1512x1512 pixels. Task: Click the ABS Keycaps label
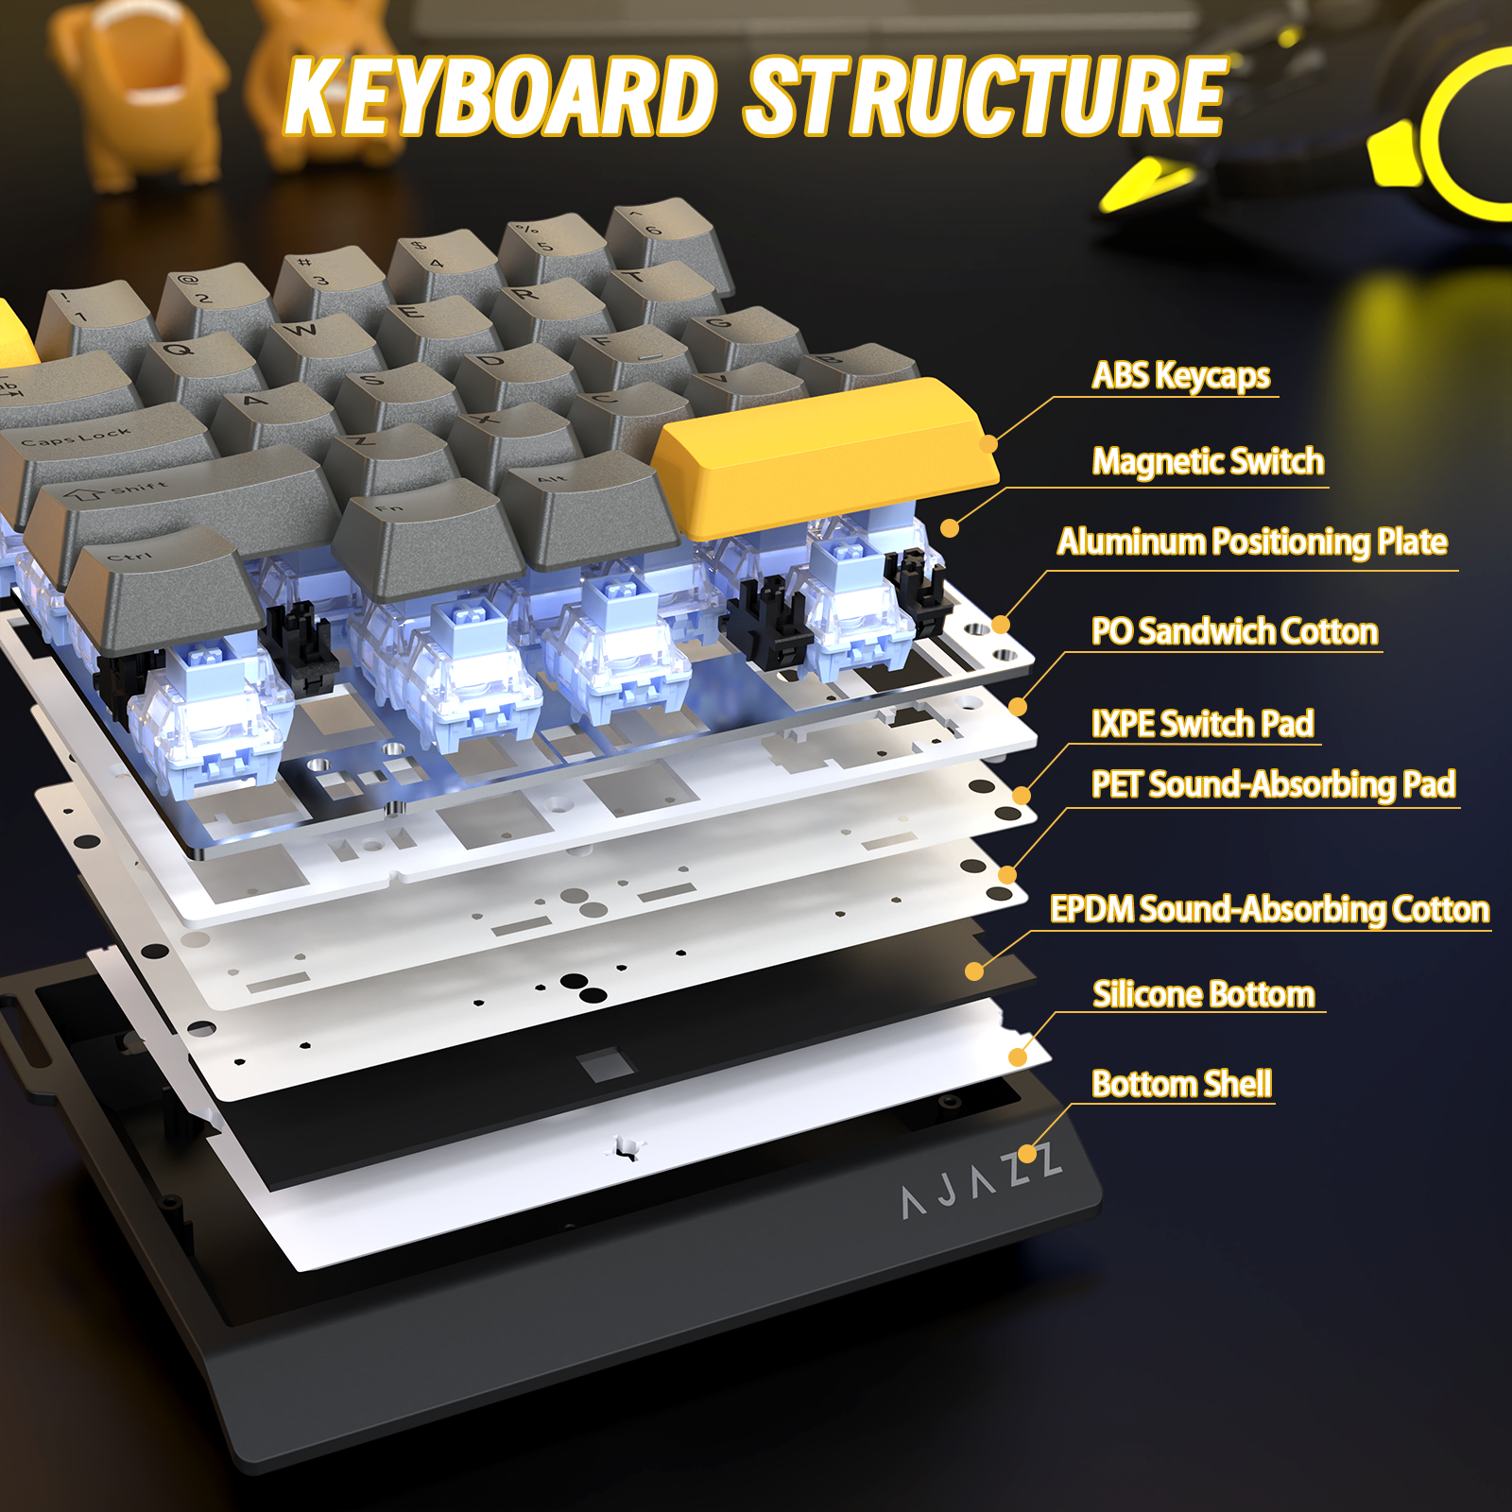[x=1180, y=376]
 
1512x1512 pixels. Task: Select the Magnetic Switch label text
[x=1208, y=462]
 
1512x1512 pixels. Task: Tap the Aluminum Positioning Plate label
[x=1252, y=542]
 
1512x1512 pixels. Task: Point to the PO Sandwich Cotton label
[x=1234, y=631]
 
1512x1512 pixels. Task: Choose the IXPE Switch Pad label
[x=1202, y=724]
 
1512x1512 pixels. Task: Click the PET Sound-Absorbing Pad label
[x=1273, y=784]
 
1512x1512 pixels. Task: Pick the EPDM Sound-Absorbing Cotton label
[x=1269, y=909]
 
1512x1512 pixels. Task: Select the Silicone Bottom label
[x=1203, y=994]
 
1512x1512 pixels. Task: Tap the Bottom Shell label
[x=1181, y=1084]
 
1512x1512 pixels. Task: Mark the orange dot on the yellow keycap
[x=988, y=443]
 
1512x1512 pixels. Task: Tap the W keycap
[x=307, y=335]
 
